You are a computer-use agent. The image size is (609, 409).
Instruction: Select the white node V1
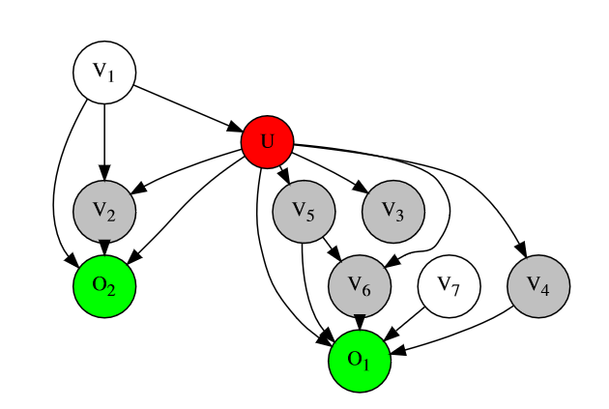coord(104,71)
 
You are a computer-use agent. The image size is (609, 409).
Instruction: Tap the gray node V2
coord(104,210)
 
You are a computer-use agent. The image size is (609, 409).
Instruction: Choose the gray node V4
coord(538,284)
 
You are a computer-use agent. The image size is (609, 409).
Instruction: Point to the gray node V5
coord(304,210)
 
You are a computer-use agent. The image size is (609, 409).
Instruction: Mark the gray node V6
coord(360,284)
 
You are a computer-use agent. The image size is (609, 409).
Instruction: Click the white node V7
coord(449,284)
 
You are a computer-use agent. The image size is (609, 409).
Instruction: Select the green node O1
coord(360,359)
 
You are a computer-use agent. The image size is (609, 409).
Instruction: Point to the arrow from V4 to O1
coord(454,334)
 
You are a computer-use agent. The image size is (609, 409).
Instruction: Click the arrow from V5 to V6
coord(330,246)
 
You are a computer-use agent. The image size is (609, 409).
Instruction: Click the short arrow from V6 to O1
coord(360,321)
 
